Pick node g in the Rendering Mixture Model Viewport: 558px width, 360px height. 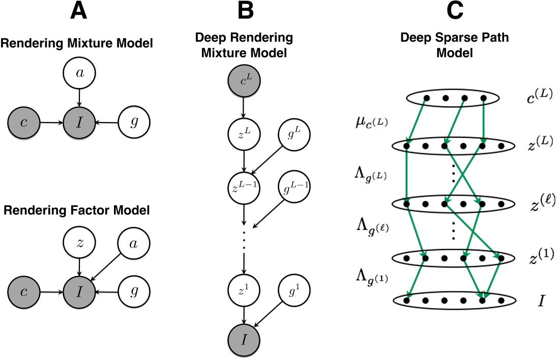(x=134, y=123)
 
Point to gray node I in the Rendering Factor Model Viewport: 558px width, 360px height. (x=79, y=292)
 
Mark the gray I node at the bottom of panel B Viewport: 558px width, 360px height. (x=245, y=339)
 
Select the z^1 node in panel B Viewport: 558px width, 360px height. (x=245, y=291)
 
